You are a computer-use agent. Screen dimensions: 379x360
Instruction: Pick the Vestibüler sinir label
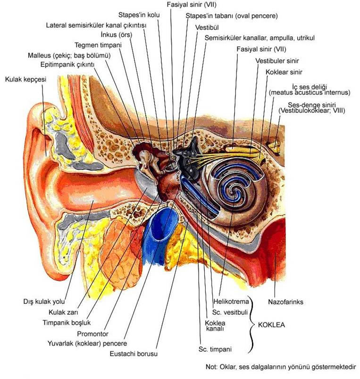pos(277,61)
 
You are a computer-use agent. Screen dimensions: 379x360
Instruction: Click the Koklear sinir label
pos(284,72)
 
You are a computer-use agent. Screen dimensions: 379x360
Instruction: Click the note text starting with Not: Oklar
pos(281,367)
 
